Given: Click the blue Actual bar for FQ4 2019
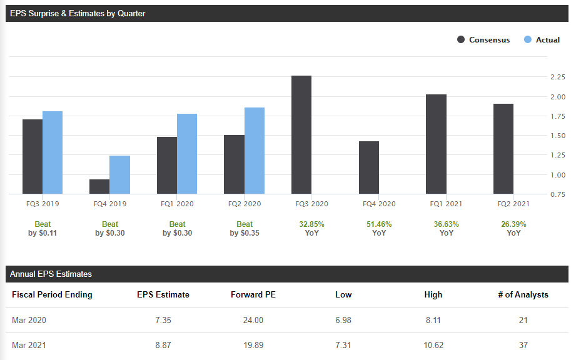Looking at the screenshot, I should (x=120, y=175).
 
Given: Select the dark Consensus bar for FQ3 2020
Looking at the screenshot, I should (x=301, y=134).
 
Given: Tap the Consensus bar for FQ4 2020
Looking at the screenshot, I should (x=369, y=167).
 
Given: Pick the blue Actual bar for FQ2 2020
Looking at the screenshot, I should (x=255, y=151).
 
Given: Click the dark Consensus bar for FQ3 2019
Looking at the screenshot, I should (x=33, y=156).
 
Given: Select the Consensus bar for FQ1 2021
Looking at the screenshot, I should (x=436, y=144).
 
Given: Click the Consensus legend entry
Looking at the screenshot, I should (x=483, y=39).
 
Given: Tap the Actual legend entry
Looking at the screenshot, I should (x=542, y=39).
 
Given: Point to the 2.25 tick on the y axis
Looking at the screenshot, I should (x=557, y=77).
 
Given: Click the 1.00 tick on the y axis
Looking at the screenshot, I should (x=557, y=175).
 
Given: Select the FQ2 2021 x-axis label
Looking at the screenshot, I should (x=513, y=204).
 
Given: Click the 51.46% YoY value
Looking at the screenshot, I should (x=379, y=224).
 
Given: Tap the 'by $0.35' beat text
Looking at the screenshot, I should (x=245, y=233).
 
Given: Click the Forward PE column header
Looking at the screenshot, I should (x=253, y=294).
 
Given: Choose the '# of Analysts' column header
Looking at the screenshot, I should (x=523, y=294).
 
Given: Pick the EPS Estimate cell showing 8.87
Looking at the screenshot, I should (x=163, y=345).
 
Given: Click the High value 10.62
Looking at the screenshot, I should (x=433, y=345).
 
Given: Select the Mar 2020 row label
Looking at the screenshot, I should (x=29, y=320).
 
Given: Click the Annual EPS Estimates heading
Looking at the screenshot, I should (x=51, y=274).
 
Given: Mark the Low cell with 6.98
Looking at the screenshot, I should (x=343, y=320).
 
